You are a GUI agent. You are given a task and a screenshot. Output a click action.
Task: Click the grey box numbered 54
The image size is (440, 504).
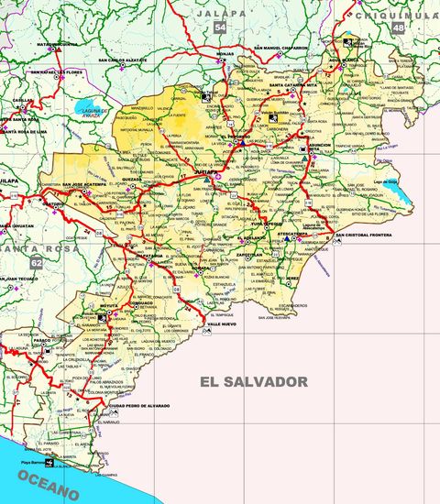tap(220, 27)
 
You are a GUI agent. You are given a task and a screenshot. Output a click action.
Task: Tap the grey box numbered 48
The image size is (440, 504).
tap(398, 28)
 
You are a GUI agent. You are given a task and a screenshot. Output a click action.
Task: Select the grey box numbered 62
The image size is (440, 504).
tap(36, 263)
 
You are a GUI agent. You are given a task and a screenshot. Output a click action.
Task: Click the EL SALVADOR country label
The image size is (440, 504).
tap(252, 381)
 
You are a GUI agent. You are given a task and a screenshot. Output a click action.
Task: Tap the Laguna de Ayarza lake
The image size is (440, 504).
tap(92, 105)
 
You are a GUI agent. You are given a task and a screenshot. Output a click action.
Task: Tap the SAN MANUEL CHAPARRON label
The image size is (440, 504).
tap(281, 48)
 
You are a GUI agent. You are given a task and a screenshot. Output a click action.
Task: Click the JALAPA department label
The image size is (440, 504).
tap(221, 13)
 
